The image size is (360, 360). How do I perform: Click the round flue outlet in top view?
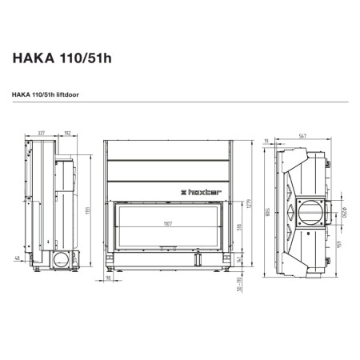308,212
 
